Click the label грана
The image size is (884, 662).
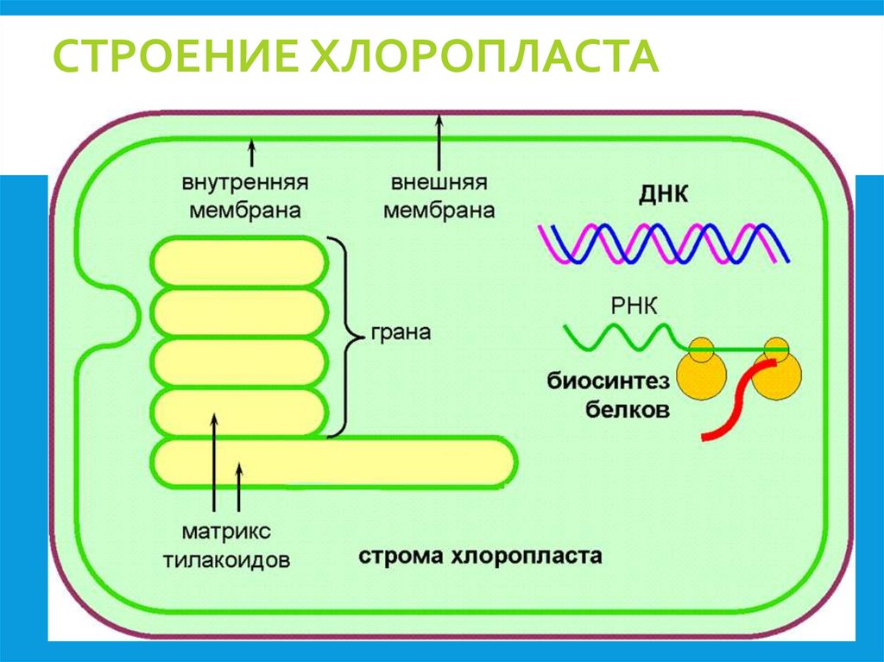pos(401,332)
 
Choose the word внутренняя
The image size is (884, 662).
pos(245,184)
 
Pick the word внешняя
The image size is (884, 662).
pos(439,184)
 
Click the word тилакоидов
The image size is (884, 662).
pos(226,558)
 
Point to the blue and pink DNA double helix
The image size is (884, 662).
pos(663,243)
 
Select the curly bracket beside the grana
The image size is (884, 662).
pos(350,337)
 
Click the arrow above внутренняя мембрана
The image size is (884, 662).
pos(252,153)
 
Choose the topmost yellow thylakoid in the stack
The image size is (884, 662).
pos(241,262)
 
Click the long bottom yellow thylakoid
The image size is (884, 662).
pos(332,463)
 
